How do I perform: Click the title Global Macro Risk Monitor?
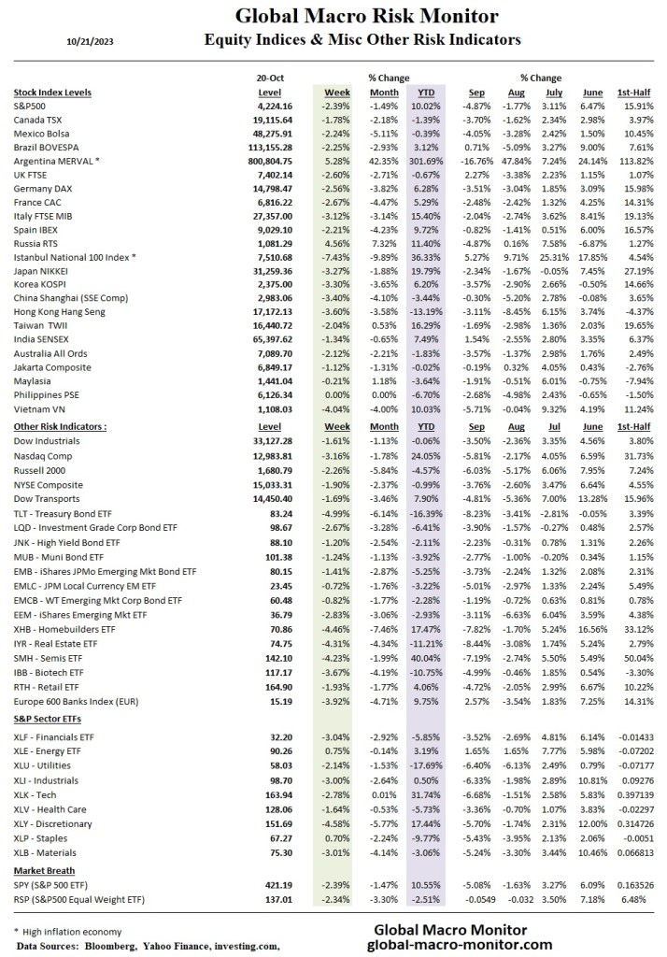point(366,17)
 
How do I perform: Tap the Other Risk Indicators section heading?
point(59,426)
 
